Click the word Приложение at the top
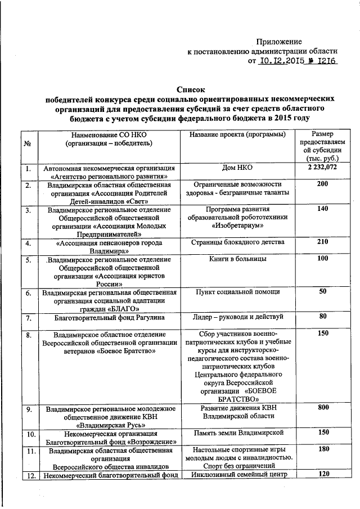click(x=279, y=42)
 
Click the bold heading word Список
click(x=191, y=89)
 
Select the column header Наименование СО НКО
click(x=108, y=135)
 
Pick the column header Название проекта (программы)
click(x=237, y=135)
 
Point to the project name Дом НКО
click(x=238, y=168)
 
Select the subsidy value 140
click(x=322, y=209)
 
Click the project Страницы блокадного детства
click(x=237, y=242)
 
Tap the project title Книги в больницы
click(x=238, y=259)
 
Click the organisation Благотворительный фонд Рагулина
click(x=109, y=318)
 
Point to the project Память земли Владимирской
click(x=237, y=433)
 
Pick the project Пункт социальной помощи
click(x=237, y=292)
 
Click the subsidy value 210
click(x=322, y=242)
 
